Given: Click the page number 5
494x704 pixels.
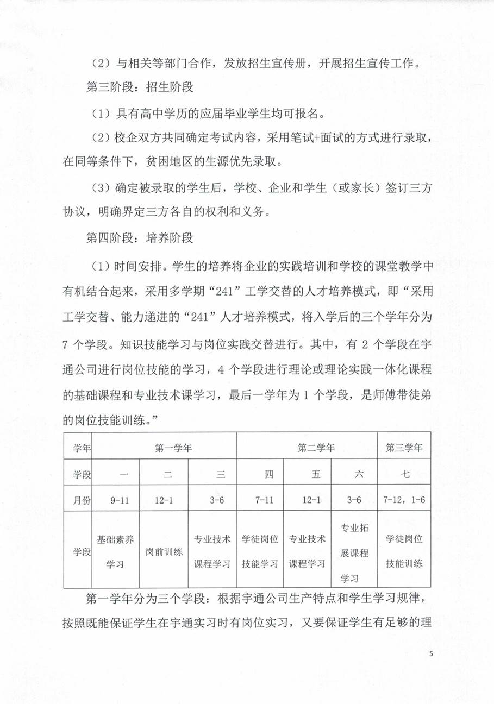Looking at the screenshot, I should point(430,653).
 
